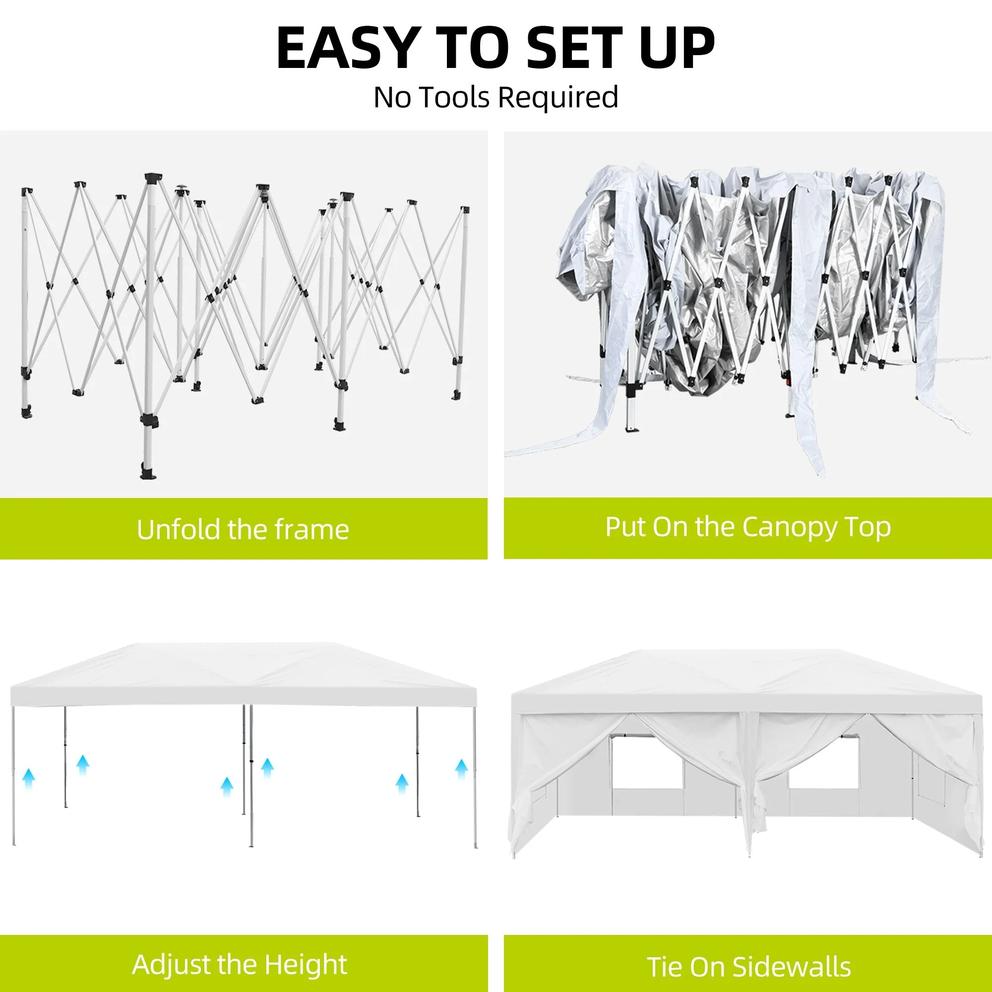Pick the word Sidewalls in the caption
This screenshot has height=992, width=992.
(792, 967)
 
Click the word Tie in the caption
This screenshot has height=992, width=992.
(665, 967)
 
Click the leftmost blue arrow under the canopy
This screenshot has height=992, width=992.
(29, 778)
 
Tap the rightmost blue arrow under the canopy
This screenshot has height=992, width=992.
(462, 769)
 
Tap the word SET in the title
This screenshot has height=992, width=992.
(574, 48)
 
